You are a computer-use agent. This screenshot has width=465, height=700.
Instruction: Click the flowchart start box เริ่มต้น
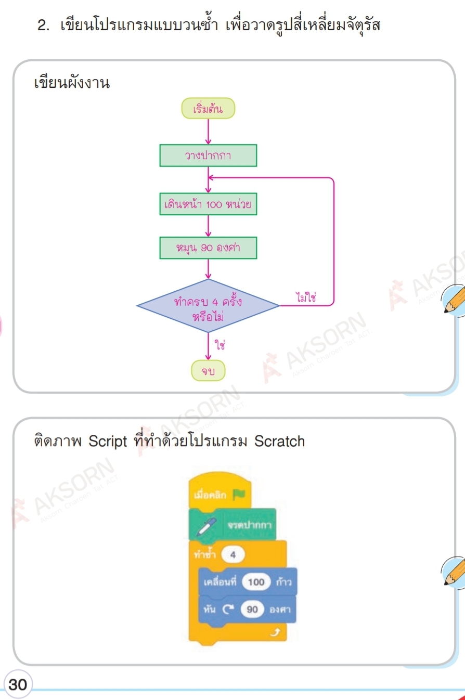tap(208, 109)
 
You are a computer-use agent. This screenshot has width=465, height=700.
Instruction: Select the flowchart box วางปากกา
tap(208, 155)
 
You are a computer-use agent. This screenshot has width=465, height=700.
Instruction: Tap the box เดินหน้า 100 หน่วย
tap(208, 204)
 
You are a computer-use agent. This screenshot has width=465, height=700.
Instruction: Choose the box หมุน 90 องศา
tap(208, 248)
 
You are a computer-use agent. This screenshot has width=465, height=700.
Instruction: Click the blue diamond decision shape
tap(208, 306)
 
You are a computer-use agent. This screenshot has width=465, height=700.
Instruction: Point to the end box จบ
tap(208, 371)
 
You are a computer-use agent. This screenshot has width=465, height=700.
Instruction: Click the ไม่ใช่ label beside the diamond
tap(306, 297)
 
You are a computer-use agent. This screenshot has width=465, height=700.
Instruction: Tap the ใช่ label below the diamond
tap(219, 344)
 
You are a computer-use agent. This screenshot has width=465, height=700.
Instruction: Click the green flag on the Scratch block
tap(239, 494)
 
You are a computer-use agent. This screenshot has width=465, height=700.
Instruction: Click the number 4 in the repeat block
tap(232, 555)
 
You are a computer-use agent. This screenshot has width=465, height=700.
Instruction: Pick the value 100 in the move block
tap(256, 582)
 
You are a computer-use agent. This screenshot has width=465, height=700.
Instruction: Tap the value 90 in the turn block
tap(252, 609)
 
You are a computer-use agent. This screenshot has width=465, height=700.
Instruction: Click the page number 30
tap(18, 684)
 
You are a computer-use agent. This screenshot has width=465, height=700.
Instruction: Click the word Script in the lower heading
tap(108, 442)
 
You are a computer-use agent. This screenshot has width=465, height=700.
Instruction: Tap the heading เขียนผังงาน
tap(71, 83)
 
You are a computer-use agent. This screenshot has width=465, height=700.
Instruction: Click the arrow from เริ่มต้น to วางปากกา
tap(208, 132)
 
